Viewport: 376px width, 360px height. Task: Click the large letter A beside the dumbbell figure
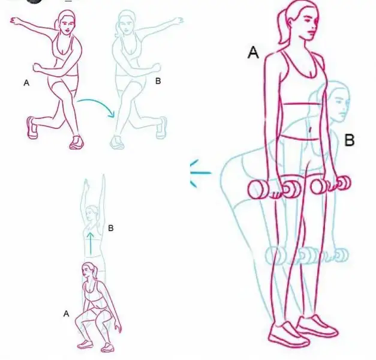253,53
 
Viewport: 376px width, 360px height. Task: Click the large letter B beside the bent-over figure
350,140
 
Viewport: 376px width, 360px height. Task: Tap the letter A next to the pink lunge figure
26,83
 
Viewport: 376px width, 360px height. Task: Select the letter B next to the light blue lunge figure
158,81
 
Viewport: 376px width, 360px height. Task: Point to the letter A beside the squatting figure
66,313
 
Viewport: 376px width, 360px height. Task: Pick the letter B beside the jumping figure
110,228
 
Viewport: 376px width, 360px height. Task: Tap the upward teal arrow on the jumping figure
91,243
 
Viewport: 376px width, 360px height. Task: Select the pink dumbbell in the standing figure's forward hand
331,184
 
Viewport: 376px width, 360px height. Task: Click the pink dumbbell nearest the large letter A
273,189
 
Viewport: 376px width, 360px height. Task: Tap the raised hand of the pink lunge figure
16,20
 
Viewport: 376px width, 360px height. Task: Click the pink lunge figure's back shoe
32,127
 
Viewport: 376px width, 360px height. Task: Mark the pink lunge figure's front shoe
77,143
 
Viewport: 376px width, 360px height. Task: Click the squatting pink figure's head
89,270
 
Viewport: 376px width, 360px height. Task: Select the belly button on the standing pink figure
310,130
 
